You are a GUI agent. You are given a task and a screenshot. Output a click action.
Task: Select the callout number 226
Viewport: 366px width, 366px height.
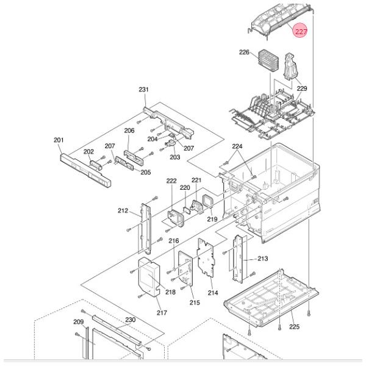245,53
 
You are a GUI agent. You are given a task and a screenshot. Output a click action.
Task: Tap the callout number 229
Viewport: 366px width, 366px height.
301,88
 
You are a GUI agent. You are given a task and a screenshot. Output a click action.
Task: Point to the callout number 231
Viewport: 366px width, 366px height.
144,90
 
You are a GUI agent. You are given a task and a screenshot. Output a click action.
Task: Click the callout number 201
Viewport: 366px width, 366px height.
59,140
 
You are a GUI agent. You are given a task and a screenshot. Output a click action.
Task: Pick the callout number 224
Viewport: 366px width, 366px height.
237,146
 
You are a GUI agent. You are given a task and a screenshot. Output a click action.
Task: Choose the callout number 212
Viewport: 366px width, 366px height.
123,211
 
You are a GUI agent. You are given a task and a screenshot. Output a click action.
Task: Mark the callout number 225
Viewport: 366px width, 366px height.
294,327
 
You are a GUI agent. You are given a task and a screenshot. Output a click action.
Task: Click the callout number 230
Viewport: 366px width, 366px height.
130,320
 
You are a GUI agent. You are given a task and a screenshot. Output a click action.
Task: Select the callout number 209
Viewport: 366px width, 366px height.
78,321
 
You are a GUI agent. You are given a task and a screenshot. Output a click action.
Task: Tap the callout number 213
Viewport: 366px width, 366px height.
262,259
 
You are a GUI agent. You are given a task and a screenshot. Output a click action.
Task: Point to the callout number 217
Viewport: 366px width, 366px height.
161,314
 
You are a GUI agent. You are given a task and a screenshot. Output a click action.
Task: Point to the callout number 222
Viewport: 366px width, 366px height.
171,181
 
